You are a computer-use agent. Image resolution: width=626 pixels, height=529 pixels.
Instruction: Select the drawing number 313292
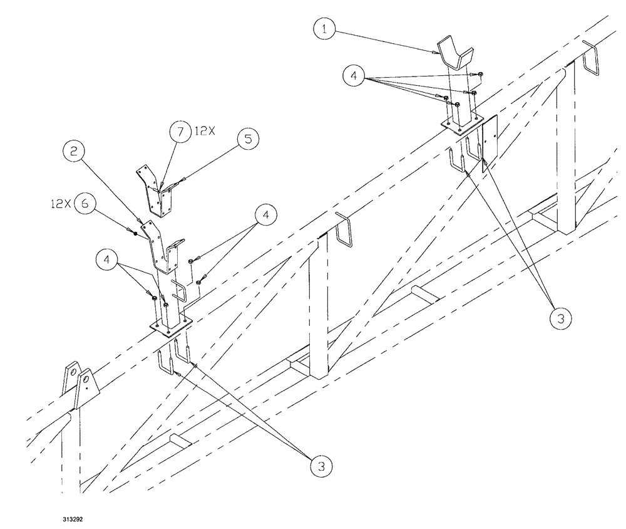pyautogui.click(x=74, y=520)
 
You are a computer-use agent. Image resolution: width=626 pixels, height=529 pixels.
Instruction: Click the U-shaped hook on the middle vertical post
pyautogui.click(x=343, y=231)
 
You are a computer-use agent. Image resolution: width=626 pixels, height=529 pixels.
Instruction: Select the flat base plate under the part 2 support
pyautogui.click(x=169, y=327)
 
